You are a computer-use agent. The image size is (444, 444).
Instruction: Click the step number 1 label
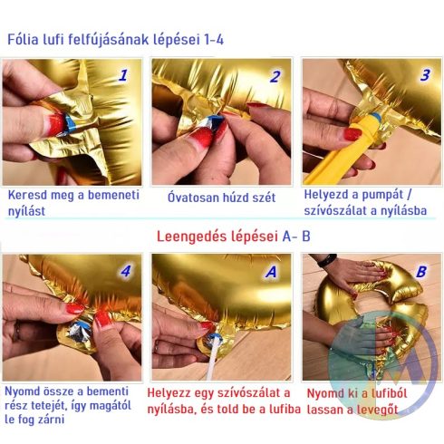(122, 76)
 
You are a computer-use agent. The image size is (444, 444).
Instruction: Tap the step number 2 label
(275, 76)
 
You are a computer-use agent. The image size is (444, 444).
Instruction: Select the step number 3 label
(424, 75)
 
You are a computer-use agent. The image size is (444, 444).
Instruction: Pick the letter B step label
(420, 271)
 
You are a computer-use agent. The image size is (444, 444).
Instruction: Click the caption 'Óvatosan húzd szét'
(221, 196)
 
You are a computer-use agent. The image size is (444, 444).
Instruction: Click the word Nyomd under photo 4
(24, 391)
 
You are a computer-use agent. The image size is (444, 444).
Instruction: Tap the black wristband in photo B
(326, 260)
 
